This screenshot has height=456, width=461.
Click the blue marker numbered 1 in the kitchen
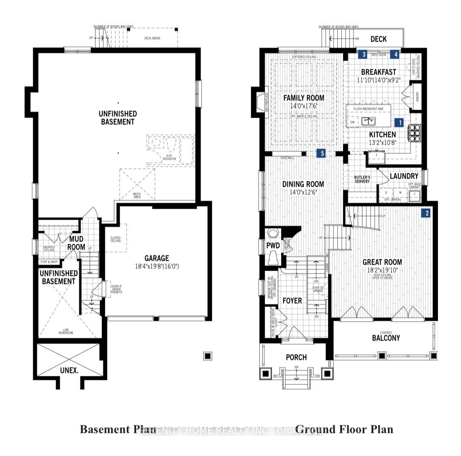pyautogui.click(x=400, y=122)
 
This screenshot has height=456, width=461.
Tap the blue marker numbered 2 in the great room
pyautogui.click(x=426, y=213)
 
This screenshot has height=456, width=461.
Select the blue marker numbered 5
pyautogui.click(x=322, y=153)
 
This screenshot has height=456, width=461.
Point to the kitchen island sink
pyautogui.click(x=368, y=121)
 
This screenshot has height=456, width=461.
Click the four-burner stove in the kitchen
pyautogui.click(x=415, y=132)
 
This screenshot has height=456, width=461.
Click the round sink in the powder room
pyautogui.click(x=274, y=234)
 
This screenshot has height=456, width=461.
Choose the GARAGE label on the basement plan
pyautogui.click(x=157, y=258)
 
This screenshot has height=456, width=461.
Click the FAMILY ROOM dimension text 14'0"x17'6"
pyautogui.click(x=304, y=106)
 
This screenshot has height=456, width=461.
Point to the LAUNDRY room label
pyautogui.click(x=404, y=176)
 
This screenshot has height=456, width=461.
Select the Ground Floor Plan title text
pyautogui.click(x=344, y=429)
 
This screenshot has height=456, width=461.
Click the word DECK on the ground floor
pyautogui.click(x=378, y=39)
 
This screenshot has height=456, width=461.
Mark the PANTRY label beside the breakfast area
pyautogui.click(x=417, y=97)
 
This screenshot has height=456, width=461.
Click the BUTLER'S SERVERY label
pyautogui.click(x=362, y=179)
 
